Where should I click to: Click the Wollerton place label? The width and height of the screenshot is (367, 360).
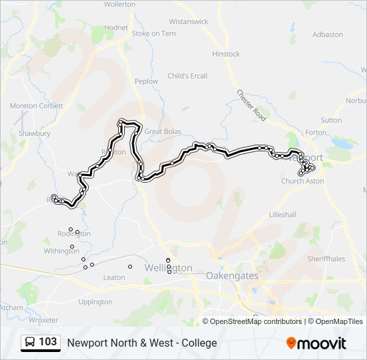coord(120,4)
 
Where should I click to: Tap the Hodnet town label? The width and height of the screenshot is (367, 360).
coord(116,27)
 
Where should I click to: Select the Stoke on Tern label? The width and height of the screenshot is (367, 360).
coord(153,33)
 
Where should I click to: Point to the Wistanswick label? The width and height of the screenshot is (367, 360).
coord(189,21)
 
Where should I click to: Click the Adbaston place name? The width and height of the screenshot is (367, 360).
coord(327,34)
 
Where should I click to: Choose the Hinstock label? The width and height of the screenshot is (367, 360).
coord(226,54)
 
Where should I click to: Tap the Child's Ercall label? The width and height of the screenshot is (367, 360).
coord(188,76)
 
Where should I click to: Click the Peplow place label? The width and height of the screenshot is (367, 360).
coord(146,81)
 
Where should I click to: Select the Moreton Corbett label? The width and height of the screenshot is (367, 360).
coord(37,106)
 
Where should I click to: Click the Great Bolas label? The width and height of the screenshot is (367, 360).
coord(163,131)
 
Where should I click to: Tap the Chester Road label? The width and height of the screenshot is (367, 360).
coord(252,105)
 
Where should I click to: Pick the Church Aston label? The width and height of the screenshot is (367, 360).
coord(302,181)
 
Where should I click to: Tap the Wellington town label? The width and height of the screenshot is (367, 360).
coord(169,268)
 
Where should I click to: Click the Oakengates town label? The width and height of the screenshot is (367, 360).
coord(232,275)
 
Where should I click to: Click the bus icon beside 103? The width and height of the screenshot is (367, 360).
coord(31,343)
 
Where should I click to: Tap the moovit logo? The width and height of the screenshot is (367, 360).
coord(316,343)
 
